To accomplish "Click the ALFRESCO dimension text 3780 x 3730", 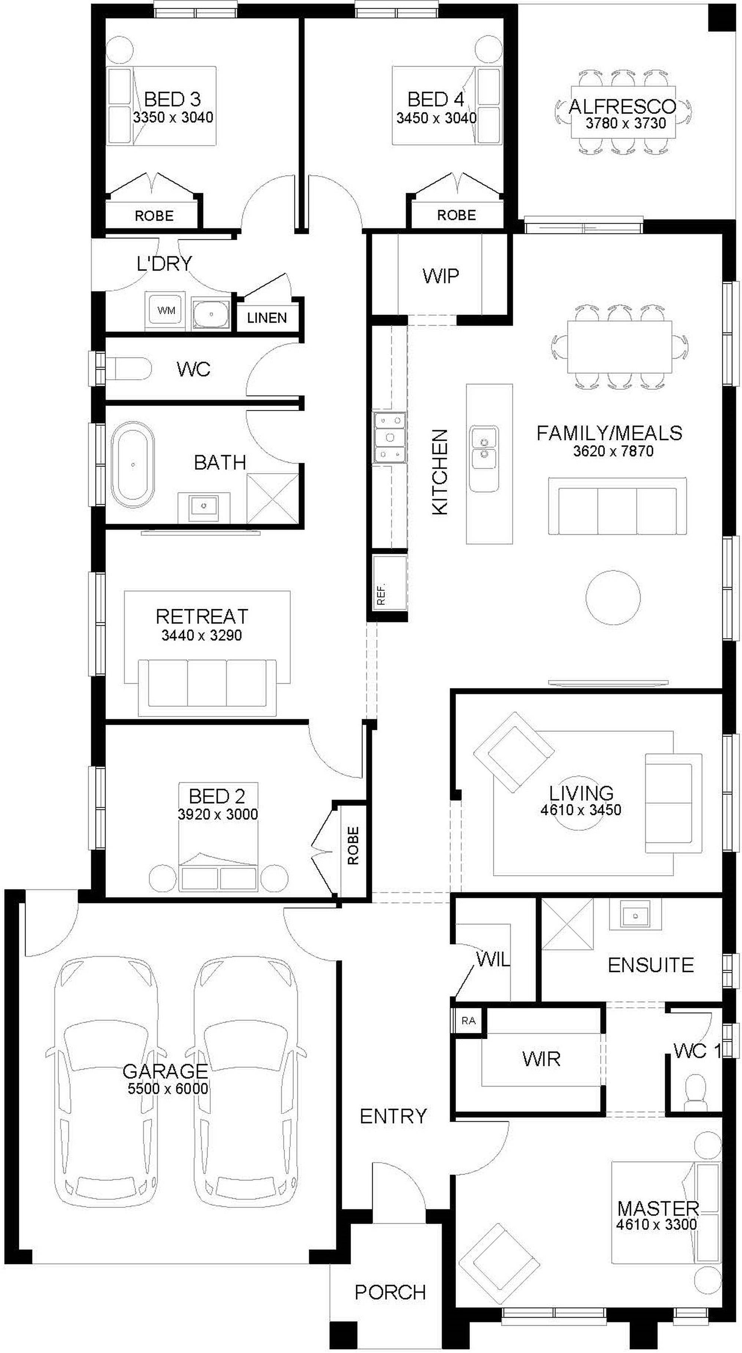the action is pos(626,124).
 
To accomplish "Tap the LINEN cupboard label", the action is pos(267,318).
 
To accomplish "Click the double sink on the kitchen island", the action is pos(484,458).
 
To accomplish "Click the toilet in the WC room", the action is pos(128,369).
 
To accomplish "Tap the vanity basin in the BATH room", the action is pos(204,508).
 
